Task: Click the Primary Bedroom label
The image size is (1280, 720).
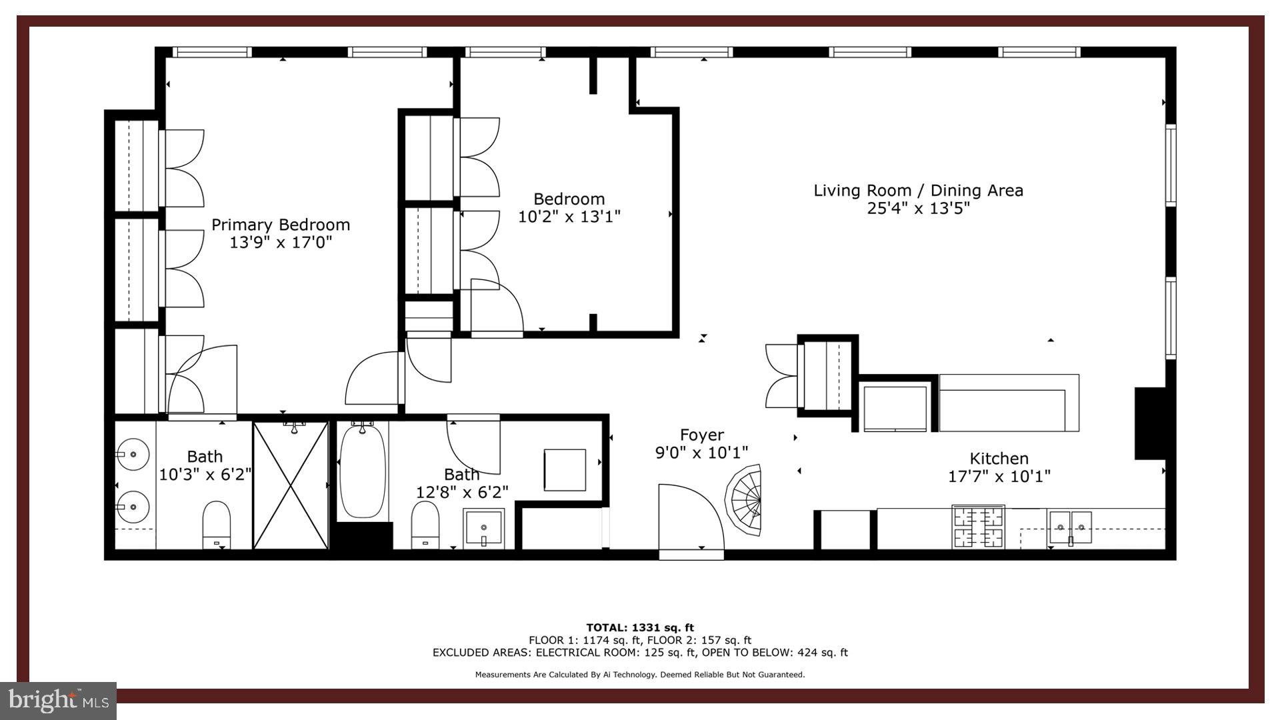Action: [281, 225]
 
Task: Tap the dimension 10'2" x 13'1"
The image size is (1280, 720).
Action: [569, 217]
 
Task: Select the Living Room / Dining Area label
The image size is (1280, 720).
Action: [918, 191]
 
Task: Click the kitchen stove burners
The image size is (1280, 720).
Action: [978, 527]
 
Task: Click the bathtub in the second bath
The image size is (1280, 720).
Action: [362, 472]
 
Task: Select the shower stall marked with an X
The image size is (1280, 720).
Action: [291, 485]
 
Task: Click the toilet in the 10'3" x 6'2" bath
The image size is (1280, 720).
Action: [216, 522]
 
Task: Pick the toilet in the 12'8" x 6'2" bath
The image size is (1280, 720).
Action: [425, 523]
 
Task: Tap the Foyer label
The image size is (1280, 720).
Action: [701, 435]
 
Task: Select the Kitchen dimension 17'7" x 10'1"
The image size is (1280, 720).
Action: [999, 477]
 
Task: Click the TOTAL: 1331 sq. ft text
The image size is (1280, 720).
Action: [639, 627]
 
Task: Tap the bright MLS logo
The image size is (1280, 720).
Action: [59, 700]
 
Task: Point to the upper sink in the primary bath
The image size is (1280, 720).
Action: [132, 455]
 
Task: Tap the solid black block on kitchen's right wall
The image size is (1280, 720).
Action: [1149, 423]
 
